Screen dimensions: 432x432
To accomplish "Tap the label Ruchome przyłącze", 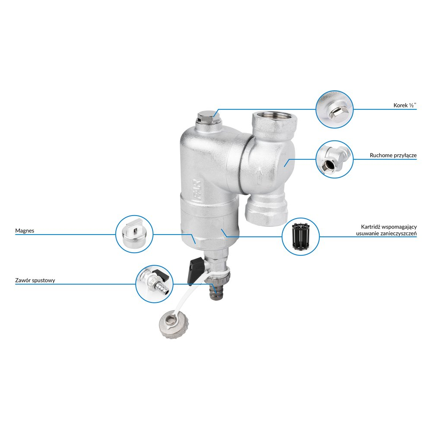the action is [393, 156].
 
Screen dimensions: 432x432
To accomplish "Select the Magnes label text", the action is [25, 231].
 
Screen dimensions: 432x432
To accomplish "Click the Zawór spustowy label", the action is [35, 280].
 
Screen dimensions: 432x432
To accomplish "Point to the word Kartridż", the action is [371, 227].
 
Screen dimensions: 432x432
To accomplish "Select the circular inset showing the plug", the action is [334, 109].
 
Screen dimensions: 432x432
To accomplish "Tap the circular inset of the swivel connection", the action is [334, 159].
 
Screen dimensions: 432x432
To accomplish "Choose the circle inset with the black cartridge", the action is [301, 236].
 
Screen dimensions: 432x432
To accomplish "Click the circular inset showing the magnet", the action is [134, 234].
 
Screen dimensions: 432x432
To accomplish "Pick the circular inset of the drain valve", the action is [154, 284].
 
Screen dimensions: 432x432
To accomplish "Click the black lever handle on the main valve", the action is [195, 271].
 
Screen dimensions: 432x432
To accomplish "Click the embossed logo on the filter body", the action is [197, 190].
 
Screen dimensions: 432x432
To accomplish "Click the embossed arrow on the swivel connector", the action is [259, 176].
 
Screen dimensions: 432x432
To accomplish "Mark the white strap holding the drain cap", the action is [193, 295].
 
